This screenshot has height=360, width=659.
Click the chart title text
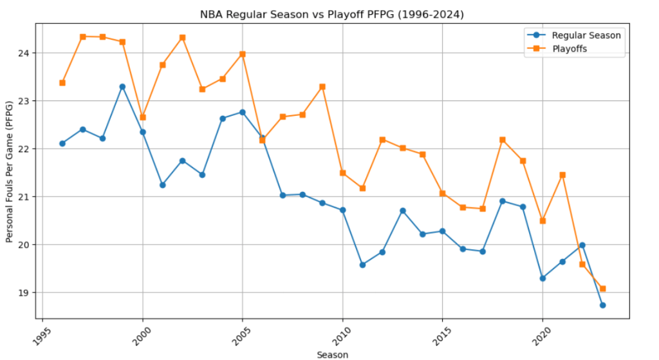point(332,13)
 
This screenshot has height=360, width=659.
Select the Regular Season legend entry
point(586,35)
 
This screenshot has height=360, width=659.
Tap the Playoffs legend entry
point(570,49)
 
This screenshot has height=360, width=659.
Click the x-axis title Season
point(332,354)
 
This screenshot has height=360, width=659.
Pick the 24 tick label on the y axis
point(24,53)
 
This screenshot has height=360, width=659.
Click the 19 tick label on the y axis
point(24,293)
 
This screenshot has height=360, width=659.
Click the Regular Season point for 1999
point(122,86)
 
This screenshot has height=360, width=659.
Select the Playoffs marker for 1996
point(62,82)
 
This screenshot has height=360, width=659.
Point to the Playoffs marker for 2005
point(243,54)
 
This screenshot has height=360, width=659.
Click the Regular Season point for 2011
point(362,265)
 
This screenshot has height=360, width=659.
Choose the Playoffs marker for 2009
point(322,86)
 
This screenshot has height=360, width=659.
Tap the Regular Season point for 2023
point(602,305)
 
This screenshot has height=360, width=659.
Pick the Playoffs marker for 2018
point(503,140)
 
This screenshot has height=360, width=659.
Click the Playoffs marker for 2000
point(143,117)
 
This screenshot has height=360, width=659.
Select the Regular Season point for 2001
point(162,185)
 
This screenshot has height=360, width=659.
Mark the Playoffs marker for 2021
point(562,175)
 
